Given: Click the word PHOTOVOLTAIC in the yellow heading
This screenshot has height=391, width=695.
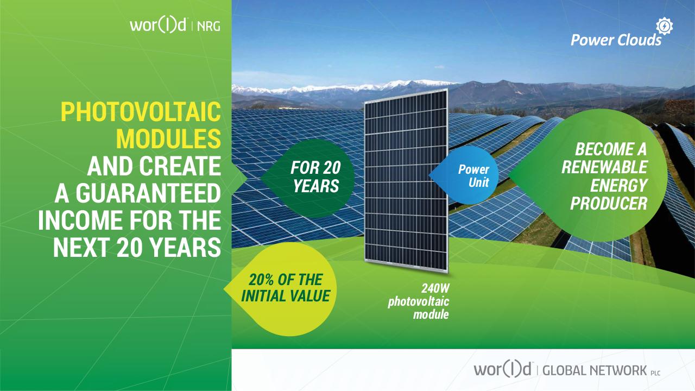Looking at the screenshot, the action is click(x=141, y=111).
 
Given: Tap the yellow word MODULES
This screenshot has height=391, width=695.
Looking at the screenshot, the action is click(x=168, y=138).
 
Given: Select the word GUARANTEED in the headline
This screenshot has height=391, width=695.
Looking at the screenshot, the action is click(x=148, y=193).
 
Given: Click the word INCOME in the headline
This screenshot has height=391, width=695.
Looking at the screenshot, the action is click(x=80, y=220).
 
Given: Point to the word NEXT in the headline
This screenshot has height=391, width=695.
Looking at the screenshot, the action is click(x=81, y=248).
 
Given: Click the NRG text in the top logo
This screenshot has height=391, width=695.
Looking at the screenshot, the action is click(x=208, y=27).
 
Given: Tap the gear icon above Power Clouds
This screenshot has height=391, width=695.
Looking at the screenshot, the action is click(x=664, y=27).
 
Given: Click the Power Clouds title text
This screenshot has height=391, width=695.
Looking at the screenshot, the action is click(x=616, y=40).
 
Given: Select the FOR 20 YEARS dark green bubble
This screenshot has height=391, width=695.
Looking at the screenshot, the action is click(x=308, y=178).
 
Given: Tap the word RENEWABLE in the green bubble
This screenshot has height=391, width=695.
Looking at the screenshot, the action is click(x=604, y=168).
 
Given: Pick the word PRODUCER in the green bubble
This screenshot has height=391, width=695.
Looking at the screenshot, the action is click(x=609, y=204).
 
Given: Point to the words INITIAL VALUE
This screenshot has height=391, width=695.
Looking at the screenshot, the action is click(x=286, y=296).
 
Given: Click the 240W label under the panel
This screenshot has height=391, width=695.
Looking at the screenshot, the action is click(x=435, y=288).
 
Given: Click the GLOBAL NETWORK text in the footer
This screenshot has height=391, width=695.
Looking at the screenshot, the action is click(x=595, y=371).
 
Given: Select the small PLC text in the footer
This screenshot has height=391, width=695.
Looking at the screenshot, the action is click(x=655, y=373).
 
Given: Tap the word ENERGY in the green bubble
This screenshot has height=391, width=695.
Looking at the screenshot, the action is click(x=618, y=186).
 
